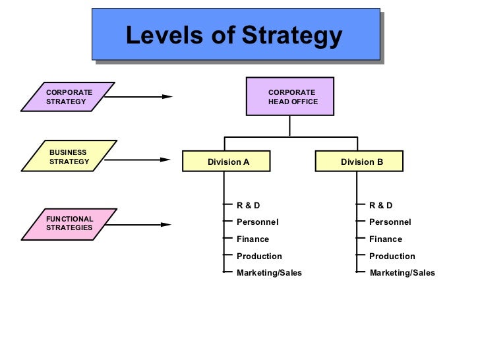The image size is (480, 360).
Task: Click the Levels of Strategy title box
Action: coord(235,34)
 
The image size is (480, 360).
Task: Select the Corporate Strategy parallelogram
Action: coord(68,97)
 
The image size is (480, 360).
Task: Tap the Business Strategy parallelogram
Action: coord(69,157)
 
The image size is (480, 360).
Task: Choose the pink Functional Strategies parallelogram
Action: coord(69,224)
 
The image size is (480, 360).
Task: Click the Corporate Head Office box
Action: coord(290,97)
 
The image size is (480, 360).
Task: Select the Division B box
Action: coord(359,162)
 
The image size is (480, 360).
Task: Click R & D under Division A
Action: coord(249,205)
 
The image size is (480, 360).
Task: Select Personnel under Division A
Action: coord(257,222)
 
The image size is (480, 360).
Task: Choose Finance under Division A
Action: coord(253,239)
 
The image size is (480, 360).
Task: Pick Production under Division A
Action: coord(259,256)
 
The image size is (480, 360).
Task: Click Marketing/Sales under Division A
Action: coord(269,273)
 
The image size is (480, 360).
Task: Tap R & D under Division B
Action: coord(381,205)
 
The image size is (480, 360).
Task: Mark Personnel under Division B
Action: coord(390,222)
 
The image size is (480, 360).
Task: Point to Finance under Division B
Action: coord(385,239)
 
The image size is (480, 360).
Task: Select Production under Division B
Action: coord(392,256)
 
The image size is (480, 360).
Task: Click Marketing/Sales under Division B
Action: coord(402,273)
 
